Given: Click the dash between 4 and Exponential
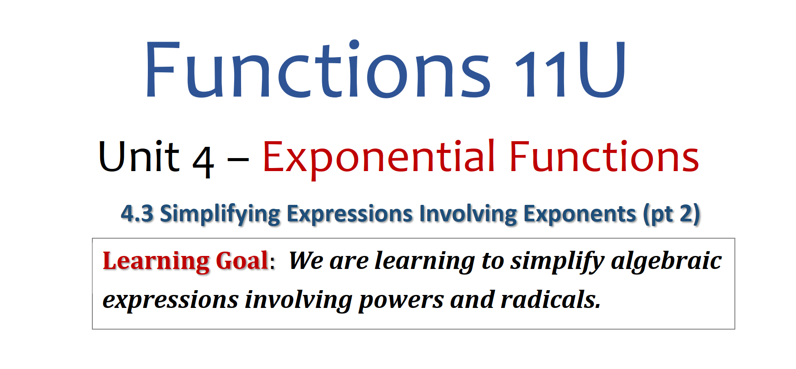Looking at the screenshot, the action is pos(238,159).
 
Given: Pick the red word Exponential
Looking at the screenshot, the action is pos(378,159).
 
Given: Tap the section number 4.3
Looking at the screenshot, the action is pos(137,214).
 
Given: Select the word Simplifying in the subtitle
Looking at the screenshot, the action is pos(220,214).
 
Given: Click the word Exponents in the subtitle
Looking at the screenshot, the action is pos(580,214).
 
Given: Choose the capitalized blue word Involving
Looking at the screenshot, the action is pos(468,214).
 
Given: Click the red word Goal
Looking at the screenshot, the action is pos(242,261).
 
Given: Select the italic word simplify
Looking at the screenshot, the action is pos(557,262).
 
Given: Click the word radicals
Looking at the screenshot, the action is pos(551,300).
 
